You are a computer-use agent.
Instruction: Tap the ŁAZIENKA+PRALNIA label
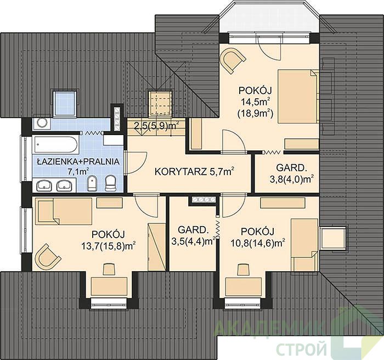pyautogui.click(x=78, y=162)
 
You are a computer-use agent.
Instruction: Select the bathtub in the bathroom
pyautogui.click(x=56, y=145)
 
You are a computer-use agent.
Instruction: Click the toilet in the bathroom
pyautogui.click(x=111, y=183)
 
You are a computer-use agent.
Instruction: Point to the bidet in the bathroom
pyautogui.click(x=92, y=183)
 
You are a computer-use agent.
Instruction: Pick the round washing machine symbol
pyautogui.click(x=41, y=123)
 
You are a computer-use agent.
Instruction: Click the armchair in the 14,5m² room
pyautogui.click(x=233, y=59)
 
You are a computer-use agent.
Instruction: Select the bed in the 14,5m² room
pyautogui.click(x=298, y=96)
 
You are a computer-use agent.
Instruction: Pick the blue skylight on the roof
pyautogui.click(x=64, y=103)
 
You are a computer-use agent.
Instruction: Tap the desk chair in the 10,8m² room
pyautogui.click(x=244, y=269)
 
